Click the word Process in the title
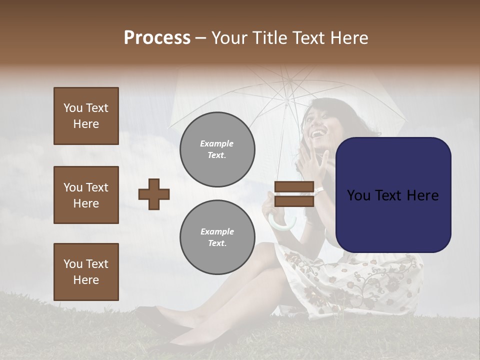(x=157, y=38)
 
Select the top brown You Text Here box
(x=86, y=116)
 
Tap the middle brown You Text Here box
(x=86, y=195)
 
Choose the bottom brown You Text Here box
(x=86, y=272)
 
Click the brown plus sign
(x=154, y=194)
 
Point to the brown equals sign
(x=294, y=194)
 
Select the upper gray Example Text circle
(x=217, y=149)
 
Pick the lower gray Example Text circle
(x=217, y=237)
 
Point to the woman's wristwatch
(x=319, y=190)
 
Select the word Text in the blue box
(x=393, y=195)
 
